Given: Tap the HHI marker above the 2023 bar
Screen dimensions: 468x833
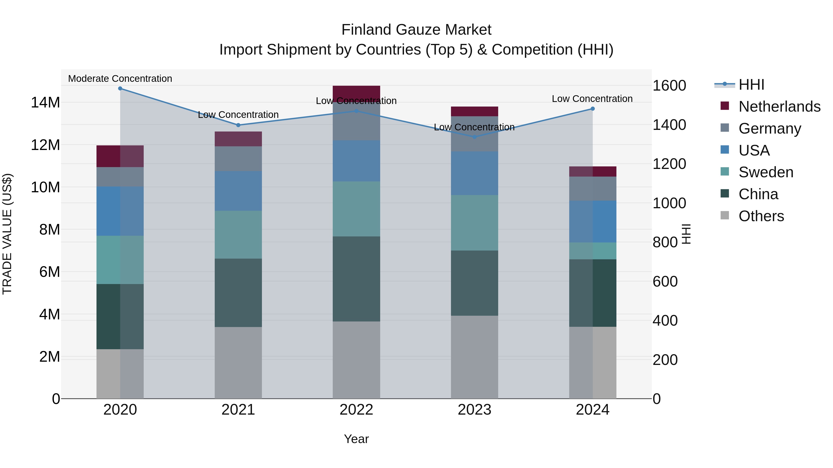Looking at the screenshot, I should coord(474,137).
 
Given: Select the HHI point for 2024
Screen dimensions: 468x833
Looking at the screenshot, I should coord(592,109).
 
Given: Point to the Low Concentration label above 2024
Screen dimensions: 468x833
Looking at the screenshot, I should coord(592,99).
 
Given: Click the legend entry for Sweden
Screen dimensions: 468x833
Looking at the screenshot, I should coord(766,172).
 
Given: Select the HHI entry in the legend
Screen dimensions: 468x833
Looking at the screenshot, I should coord(751,85).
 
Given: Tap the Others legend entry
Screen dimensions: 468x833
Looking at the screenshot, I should coord(761,216).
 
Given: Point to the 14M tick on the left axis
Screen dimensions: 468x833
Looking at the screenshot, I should coord(45,102).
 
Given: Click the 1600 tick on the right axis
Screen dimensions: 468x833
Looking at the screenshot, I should coord(669,86).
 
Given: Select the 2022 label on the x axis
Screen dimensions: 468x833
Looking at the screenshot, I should coord(356,410).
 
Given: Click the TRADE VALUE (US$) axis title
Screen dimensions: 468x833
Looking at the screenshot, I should coord(7,234).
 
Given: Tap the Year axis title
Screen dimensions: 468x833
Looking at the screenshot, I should coord(356,439).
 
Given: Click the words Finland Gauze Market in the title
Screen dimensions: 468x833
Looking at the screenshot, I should coord(416,30).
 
